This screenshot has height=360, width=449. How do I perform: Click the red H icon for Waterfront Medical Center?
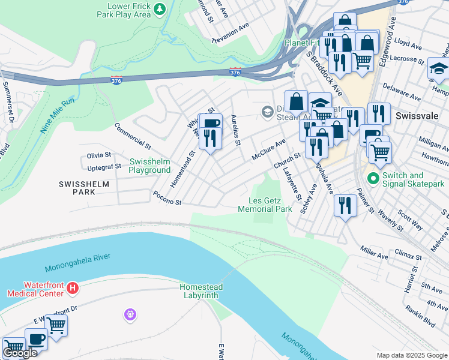click(73, 289)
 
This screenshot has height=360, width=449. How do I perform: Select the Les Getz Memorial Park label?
click(265, 205)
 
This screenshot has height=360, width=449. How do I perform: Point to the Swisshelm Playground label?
click(149, 166)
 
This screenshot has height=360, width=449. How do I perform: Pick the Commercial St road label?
click(133, 136)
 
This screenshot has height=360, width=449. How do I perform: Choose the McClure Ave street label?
click(268, 148)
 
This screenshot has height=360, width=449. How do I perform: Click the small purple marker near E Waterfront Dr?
click(129, 313)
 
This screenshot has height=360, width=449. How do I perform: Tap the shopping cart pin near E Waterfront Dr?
click(56, 326)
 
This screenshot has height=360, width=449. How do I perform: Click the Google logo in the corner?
click(20, 353)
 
